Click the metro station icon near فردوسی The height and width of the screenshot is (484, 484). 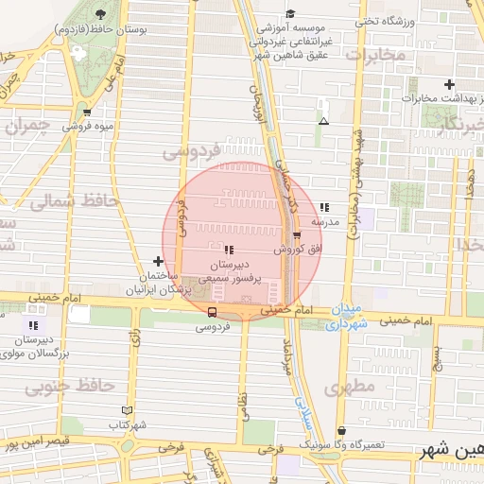[212, 311]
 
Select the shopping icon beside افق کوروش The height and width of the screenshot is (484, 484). [297, 235]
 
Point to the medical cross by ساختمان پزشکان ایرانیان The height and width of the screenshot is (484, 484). [157, 260]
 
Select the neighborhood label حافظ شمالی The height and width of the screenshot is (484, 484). [74, 201]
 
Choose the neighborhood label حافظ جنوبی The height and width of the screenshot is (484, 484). [69, 386]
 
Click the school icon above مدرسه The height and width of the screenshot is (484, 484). [324, 207]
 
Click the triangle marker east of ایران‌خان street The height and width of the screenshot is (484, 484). [324, 121]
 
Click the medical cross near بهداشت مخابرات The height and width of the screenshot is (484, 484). [450, 85]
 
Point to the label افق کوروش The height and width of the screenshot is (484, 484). [288, 250]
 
